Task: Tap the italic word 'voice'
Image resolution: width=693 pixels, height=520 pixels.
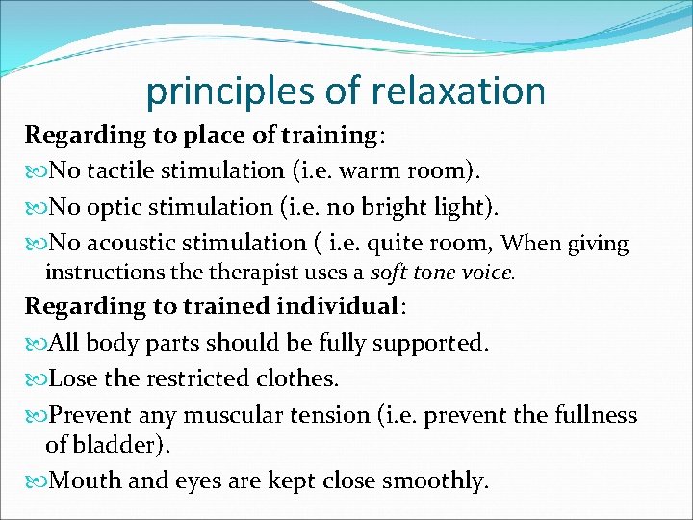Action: tap(487, 273)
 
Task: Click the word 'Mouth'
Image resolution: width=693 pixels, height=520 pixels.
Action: tap(85, 480)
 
